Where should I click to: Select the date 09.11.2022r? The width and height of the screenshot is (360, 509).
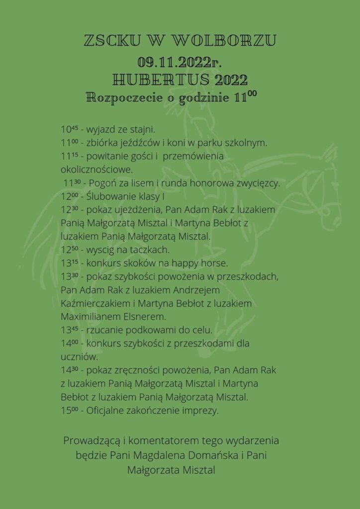pyautogui.click(x=180, y=62)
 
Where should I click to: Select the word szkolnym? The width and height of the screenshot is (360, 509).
pyautogui.click(x=249, y=143)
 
